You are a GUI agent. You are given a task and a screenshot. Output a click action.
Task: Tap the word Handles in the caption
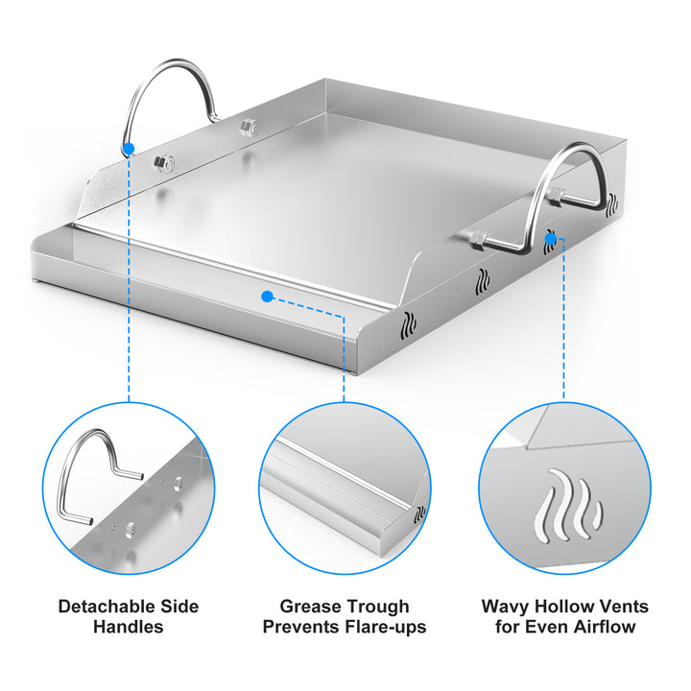(x=129, y=627)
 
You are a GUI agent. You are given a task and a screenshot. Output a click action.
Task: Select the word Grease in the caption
(x=309, y=607)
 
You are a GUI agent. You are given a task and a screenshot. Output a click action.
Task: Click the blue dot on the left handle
(x=129, y=149)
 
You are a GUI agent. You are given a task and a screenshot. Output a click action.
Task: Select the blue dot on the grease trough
(x=267, y=297)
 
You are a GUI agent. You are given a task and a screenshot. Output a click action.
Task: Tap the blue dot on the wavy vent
(x=551, y=239)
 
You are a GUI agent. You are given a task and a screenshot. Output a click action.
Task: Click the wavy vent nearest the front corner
(x=409, y=325)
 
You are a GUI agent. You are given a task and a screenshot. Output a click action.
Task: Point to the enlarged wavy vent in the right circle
(x=567, y=505)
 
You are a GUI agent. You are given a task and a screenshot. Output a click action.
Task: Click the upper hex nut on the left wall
(x=250, y=128)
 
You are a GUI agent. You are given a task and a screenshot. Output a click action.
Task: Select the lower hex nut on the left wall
(x=164, y=164)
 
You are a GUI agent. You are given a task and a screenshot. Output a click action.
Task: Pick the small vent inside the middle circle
(x=420, y=513)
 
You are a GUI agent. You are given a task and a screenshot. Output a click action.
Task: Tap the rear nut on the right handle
(x=558, y=195)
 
